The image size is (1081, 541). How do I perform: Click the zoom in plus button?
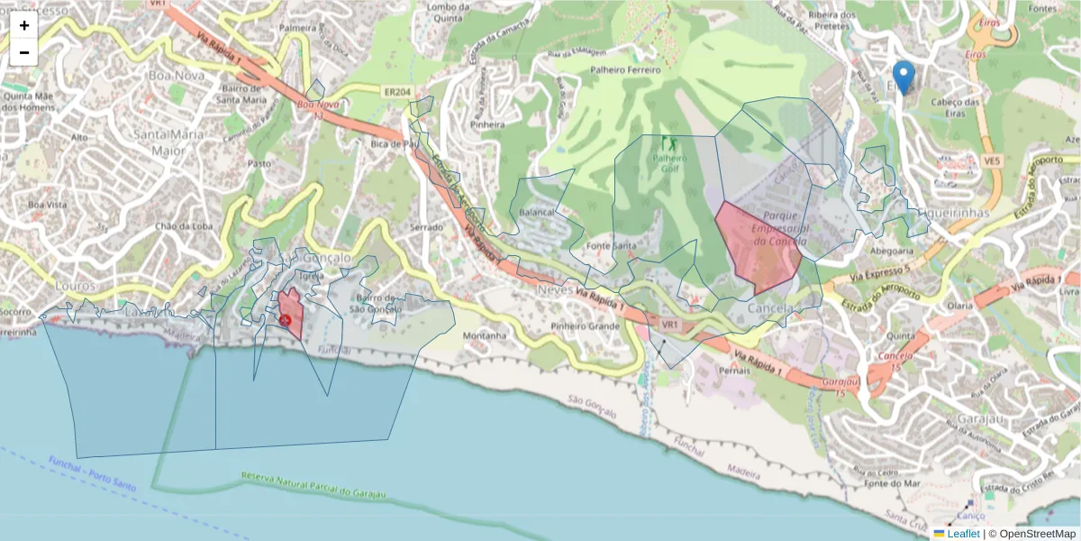(x=24, y=25)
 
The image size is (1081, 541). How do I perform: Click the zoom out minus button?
(x=24, y=52)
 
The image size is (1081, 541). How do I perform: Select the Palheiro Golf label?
(x=669, y=162)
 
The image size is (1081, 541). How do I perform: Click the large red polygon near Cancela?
(x=759, y=246)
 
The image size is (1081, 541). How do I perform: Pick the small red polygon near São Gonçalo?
(x=290, y=313)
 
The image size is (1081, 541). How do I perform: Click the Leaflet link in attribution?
(x=962, y=534)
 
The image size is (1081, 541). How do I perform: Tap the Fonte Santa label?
(x=611, y=246)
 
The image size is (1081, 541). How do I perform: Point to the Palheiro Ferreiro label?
(x=624, y=69)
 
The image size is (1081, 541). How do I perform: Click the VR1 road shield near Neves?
(x=669, y=324)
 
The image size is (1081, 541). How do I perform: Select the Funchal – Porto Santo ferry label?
(x=92, y=472)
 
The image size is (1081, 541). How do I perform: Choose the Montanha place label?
(x=485, y=335)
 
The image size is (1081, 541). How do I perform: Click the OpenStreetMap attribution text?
(x=1037, y=534)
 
